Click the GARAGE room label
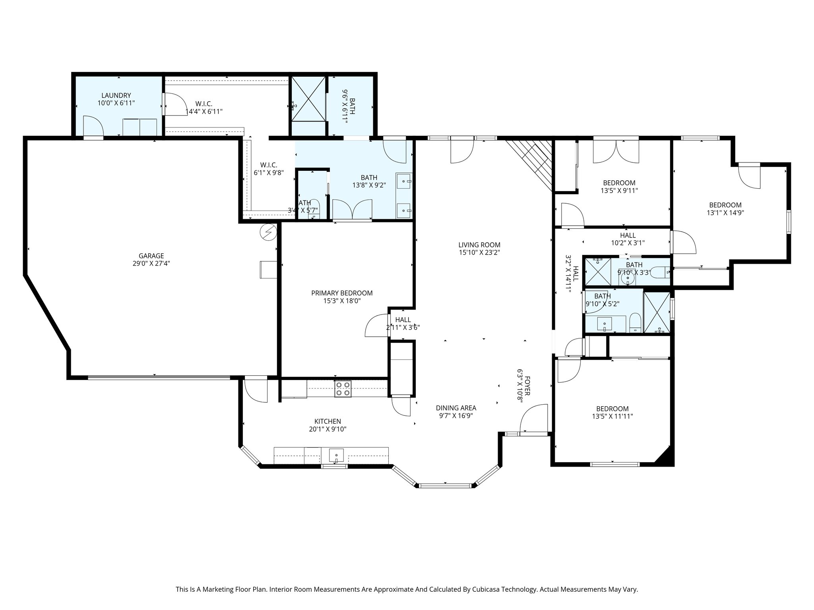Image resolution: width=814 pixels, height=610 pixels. tap(151, 256)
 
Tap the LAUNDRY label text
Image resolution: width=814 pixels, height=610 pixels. tap(116, 95)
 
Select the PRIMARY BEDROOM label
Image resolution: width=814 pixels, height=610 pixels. tap(342, 293)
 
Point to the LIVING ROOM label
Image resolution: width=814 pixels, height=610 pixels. tap(479, 245)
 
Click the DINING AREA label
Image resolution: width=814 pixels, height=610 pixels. tap(456, 408)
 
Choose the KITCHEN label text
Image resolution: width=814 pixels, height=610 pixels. tap(328, 421)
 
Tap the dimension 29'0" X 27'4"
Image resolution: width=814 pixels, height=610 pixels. tap(151, 263)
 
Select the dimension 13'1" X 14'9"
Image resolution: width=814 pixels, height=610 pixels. tap(725, 212)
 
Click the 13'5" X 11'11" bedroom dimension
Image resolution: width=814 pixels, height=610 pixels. tap(612, 416)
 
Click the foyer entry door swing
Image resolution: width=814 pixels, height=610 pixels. tap(534, 419)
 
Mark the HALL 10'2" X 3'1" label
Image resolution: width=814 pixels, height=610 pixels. tap(628, 239)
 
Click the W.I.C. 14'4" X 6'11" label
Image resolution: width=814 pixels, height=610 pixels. tap(204, 108)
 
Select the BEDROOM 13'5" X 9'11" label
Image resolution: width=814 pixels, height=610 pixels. tap(619, 187)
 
